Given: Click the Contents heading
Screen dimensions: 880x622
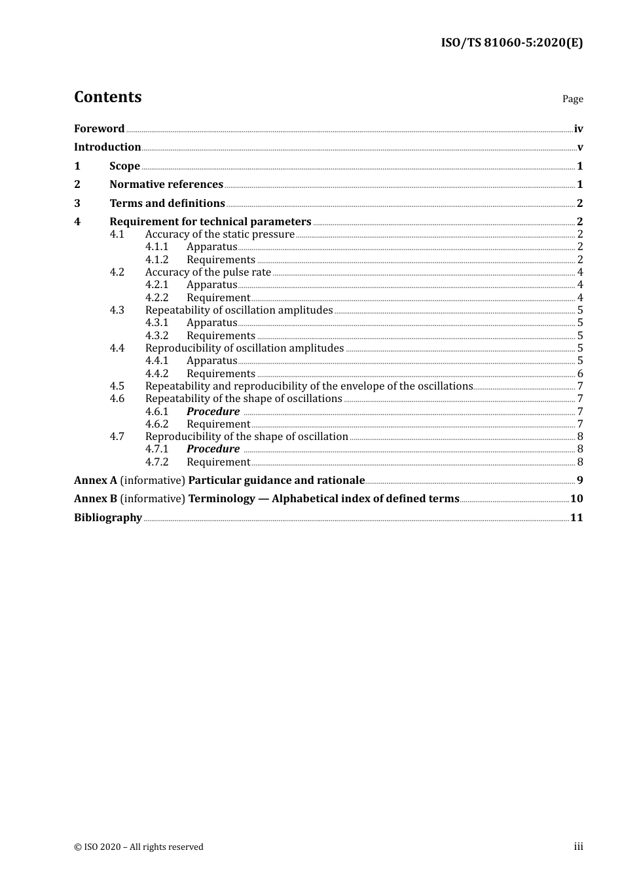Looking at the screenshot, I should [107, 97].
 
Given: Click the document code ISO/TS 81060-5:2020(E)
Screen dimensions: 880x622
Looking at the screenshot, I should [511, 43].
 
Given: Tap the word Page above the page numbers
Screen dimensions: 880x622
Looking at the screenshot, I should [572, 99].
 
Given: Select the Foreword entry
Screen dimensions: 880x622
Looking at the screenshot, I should [99, 129].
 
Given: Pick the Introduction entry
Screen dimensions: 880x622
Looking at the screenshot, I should [107, 147].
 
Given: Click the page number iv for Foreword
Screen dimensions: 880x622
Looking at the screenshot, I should [578, 129].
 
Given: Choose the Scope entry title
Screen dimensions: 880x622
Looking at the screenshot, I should [124, 166].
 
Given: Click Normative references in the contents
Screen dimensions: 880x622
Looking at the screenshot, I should [166, 185].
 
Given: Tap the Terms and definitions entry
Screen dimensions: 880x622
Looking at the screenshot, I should [167, 204].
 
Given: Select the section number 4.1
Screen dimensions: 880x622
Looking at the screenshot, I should [117, 234].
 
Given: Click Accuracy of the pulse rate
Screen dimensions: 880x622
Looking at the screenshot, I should [208, 272].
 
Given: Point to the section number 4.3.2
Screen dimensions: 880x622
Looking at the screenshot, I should [156, 336].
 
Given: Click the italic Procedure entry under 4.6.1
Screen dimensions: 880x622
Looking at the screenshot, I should [213, 412].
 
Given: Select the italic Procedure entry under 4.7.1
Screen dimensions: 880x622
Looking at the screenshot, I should [213, 449].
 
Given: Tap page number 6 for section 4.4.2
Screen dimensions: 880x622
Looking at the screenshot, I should [580, 374].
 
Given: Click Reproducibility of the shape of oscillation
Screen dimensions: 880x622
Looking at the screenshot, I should [246, 437].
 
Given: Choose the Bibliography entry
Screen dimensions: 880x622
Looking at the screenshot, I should [108, 518].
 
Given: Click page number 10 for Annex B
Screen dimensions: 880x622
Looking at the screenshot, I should [576, 499].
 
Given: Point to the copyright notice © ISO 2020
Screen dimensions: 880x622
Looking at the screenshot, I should [138, 847].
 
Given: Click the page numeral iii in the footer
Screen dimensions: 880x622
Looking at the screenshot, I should [578, 847].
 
